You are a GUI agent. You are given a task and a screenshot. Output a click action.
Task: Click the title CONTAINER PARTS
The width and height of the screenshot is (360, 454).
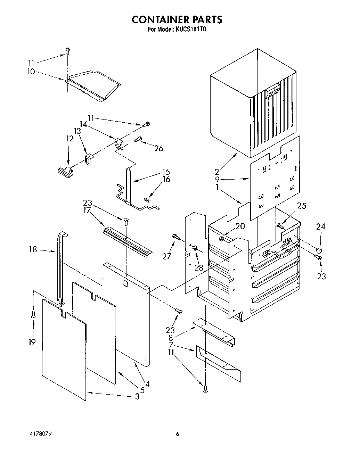coord(177,19)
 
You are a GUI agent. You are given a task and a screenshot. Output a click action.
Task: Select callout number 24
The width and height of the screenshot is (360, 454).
coord(320,227)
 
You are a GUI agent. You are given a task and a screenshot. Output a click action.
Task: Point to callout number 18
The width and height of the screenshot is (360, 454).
coord(33,249)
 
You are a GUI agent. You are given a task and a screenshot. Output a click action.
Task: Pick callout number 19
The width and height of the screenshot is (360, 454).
coord(32,342)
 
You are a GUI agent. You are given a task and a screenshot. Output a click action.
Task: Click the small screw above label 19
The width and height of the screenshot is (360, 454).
coord(33,315)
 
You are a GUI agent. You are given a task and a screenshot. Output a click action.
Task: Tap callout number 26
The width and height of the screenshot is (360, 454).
coord(158,148)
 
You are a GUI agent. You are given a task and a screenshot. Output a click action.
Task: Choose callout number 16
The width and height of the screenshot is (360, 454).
coord(166,179)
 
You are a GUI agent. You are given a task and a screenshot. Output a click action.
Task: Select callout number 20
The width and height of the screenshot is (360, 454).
coord(240,226)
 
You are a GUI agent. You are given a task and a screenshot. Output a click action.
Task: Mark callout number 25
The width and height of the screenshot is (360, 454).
coord(302,206)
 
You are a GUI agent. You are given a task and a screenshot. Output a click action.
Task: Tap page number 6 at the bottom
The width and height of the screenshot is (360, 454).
coord(177,434)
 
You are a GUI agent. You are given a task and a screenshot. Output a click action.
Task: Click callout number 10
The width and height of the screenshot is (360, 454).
coord(31,72)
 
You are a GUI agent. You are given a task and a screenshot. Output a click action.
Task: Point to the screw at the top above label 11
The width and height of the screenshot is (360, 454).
coord(68,51)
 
